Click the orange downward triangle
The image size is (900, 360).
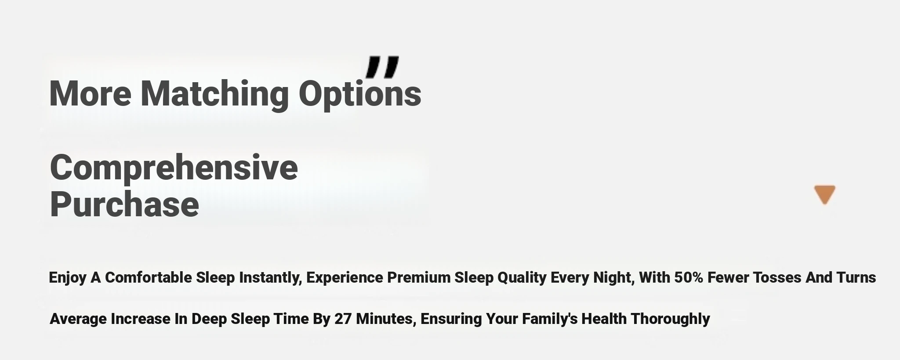824,194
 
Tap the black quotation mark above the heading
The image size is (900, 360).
382,67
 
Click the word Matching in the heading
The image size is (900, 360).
214,94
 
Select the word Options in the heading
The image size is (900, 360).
360,94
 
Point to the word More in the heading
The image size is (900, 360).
90,93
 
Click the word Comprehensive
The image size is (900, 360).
174,168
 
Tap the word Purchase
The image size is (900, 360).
124,204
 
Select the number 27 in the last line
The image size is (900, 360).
343,319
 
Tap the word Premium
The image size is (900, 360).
419,277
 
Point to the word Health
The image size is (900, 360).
604,319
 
